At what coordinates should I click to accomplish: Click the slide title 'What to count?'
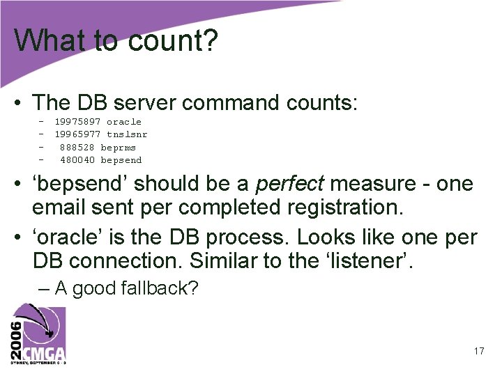pyautogui.click(x=116, y=40)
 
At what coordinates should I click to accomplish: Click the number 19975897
pyautogui.click(x=77, y=122)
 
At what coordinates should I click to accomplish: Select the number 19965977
pyautogui.click(x=77, y=134)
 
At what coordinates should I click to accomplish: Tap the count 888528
pyautogui.click(x=77, y=148)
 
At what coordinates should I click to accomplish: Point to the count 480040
pyautogui.click(x=77, y=160)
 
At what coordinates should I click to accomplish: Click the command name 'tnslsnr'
pyautogui.click(x=127, y=134)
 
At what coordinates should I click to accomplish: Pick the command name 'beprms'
pyautogui.click(x=119, y=148)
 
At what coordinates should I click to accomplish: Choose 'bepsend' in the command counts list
pyautogui.click(x=121, y=160)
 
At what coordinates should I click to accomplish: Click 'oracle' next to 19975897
pyautogui.click(x=124, y=122)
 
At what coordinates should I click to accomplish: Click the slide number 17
pyautogui.click(x=478, y=351)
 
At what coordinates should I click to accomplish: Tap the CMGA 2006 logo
pyautogui.click(x=38, y=334)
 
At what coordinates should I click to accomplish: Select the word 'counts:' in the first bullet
pyautogui.click(x=322, y=103)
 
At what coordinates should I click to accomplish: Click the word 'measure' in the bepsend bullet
pyautogui.click(x=367, y=184)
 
